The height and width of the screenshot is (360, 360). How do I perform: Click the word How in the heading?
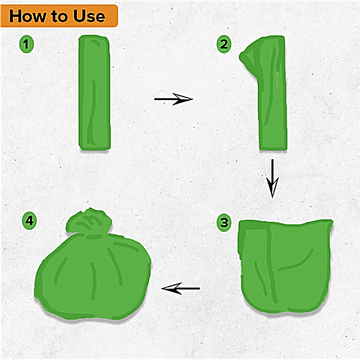(x=32, y=15)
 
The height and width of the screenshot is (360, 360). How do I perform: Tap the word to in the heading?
(x=66, y=16)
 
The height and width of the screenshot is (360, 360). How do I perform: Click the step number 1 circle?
(x=27, y=45)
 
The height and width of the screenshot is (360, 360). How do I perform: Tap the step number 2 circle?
(x=224, y=45)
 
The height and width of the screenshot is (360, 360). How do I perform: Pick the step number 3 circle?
(x=224, y=222)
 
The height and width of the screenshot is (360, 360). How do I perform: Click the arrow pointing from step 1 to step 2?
(x=174, y=99)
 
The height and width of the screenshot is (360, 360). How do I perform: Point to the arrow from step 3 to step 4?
(x=181, y=289)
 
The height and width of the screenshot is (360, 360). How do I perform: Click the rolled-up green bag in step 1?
(x=94, y=94)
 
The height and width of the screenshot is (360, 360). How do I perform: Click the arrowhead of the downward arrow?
(x=272, y=191)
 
